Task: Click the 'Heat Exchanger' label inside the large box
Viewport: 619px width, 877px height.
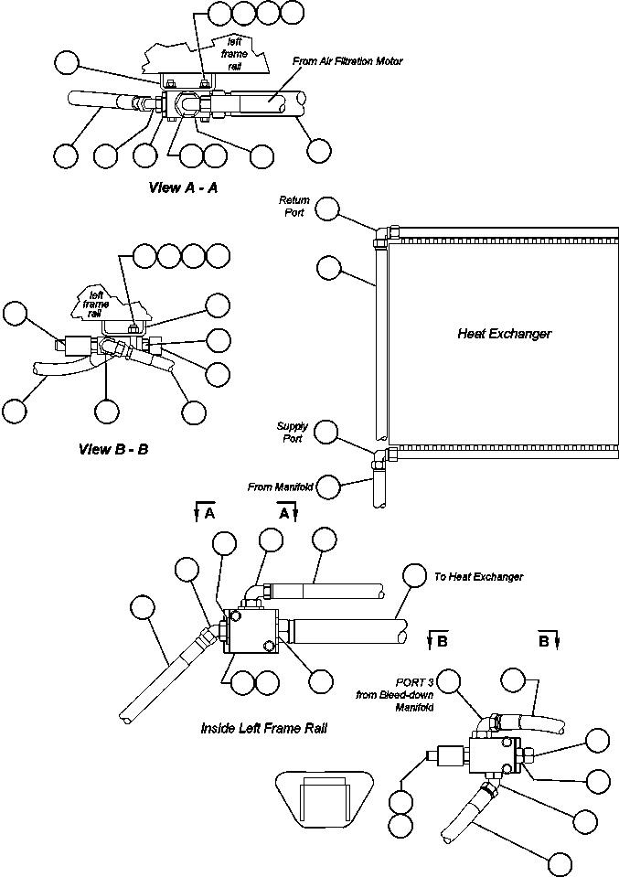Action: (505, 334)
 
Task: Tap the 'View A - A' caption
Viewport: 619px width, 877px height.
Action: (183, 188)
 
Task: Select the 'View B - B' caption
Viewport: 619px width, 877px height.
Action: (113, 449)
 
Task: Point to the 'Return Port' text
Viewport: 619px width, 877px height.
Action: (294, 207)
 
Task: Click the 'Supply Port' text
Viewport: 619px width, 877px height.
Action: (292, 433)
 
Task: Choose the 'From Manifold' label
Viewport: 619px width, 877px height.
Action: (280, 487)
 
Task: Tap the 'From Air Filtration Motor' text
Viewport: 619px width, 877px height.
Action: (347, 61)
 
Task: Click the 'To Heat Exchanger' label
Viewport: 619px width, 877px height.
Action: (478, 577)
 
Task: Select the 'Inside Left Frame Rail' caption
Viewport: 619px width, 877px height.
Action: (264, 728)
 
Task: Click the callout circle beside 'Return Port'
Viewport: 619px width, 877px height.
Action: (327, 209)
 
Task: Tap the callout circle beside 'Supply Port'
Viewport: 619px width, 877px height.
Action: (326, 432)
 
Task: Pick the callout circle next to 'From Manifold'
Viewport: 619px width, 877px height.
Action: (327, 486)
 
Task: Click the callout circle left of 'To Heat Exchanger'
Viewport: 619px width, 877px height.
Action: (415, 575)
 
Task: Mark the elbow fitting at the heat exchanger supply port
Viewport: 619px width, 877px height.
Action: (382, 456)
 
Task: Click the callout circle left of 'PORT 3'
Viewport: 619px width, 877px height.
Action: (449, 681)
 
